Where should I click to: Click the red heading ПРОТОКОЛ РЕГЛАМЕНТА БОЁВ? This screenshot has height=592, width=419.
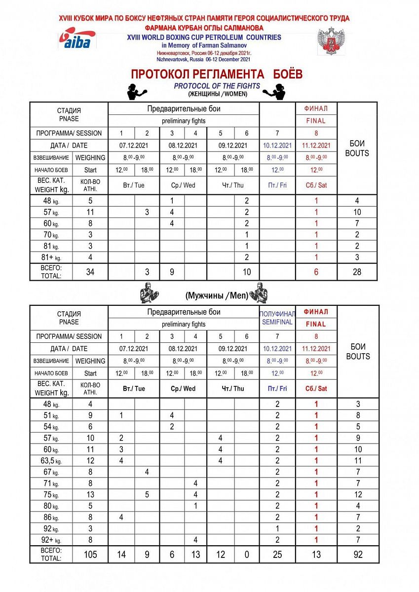[216, 74]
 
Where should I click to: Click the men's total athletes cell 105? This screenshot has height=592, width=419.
[90, 555]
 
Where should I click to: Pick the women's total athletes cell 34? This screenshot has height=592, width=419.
[90, 272]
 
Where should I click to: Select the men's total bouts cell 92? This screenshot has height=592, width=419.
[358, 555]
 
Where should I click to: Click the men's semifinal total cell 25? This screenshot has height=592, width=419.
[277, 555]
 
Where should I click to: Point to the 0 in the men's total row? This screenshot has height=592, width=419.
[247, 555]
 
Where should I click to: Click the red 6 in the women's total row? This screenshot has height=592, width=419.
[316, 272]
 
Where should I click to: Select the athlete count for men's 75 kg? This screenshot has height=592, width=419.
[90, 494]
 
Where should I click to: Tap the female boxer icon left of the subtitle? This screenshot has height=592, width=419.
[135, 91]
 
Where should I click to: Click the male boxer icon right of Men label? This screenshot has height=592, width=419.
[258, 293]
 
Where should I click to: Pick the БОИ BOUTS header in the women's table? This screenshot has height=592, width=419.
[357, 148]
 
